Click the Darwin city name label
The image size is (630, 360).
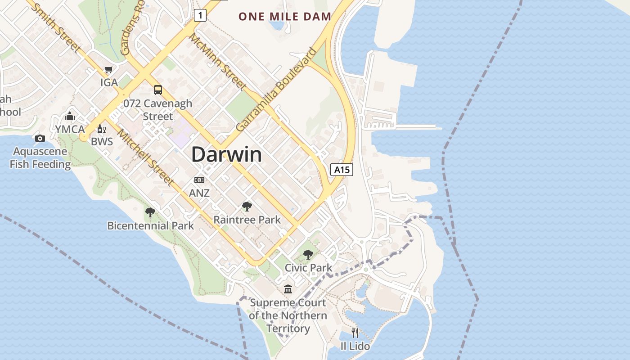point(226,154)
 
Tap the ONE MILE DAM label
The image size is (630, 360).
point(284,17)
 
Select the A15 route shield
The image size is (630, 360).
point(342,170)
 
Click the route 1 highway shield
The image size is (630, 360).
point(200,15)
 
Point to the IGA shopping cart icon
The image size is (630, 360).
point(108,70)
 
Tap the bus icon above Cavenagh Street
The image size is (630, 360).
point(158,90)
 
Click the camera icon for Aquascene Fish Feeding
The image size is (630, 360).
point(40,138)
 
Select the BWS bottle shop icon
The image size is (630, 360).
point(101,129)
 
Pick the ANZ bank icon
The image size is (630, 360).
point(199,180)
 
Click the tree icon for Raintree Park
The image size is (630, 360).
point(247,207)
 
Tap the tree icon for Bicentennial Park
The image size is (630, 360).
point(150,212)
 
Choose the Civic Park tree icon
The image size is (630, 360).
point(308,255)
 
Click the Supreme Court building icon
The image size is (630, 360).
point(288,289)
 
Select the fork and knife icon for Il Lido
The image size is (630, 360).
point(355,333)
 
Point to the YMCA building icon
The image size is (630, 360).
point(70,116)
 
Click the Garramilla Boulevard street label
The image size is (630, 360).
point(276,90)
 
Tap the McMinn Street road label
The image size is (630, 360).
point(217,61)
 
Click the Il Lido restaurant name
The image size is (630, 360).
point(355,346)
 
